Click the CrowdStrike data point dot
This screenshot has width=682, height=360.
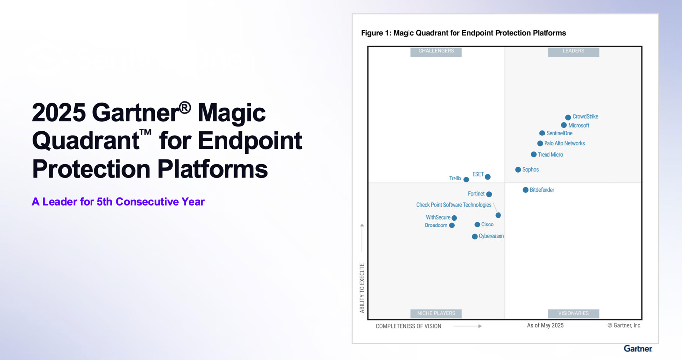pos(568,117)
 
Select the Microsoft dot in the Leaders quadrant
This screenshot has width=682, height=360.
pos(564,125)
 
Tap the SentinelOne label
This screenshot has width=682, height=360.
pos(559,133)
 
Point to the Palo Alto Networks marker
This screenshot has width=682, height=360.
pos(540,144)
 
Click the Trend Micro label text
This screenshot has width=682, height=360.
pos(550,155)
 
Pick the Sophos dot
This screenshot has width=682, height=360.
pos(518,170)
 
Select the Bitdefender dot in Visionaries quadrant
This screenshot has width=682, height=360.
pos(525,190)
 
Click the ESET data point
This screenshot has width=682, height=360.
pos(487,177)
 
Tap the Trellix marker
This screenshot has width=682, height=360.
pos(466,180)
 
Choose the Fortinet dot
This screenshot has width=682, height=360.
pos(489,194)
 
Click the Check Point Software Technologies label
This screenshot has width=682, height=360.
pos(454,205)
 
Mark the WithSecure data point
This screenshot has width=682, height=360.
pos(454,218)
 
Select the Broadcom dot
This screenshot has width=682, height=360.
pos(452,225)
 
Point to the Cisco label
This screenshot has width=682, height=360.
pos(487,225)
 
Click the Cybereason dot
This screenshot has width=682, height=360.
pos(475,237)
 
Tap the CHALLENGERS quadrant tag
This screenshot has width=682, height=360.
pos(436,51)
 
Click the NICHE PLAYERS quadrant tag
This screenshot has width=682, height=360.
pos(436,313)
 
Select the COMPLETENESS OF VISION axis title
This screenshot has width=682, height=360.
pos(408,326)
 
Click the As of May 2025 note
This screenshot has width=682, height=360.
pos(545,325)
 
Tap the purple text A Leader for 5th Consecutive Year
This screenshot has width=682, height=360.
pos(118,202)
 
